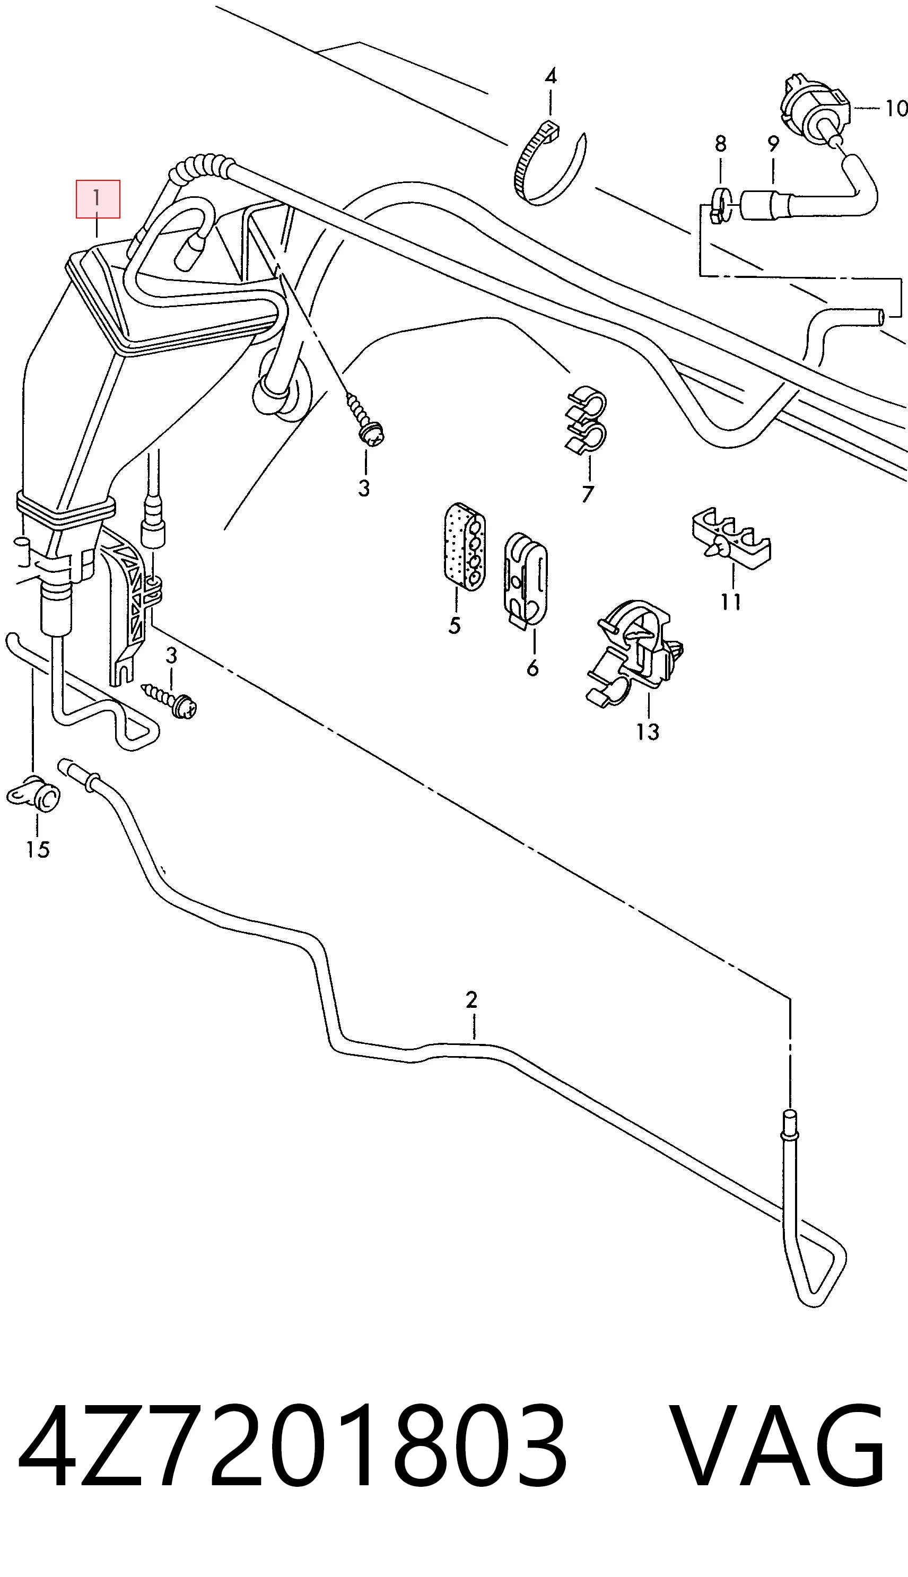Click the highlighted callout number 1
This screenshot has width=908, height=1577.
tap(97, 199)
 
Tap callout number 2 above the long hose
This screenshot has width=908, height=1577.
tap(472, 999)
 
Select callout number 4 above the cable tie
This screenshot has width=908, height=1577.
tap(551, 77)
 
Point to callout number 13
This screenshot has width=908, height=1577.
tap(648, 731)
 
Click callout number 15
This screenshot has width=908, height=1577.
tap(38, 849)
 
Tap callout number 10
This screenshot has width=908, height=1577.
tap(895, 109)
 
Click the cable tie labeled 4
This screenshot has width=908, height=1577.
tap(549, 163)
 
